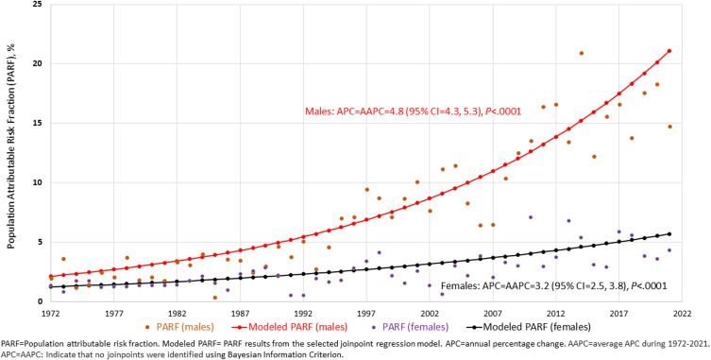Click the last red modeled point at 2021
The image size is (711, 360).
(669, 51)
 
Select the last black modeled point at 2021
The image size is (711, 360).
(669, 233)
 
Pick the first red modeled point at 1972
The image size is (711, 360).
(50, 276)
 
